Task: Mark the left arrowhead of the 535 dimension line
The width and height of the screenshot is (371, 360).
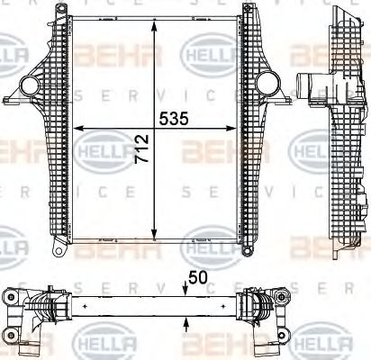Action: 75,127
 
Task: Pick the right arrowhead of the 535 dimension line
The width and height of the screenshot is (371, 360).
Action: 240,127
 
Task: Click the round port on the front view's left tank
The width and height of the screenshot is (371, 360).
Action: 29,87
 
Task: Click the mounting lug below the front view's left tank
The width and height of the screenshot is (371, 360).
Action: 57,244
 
